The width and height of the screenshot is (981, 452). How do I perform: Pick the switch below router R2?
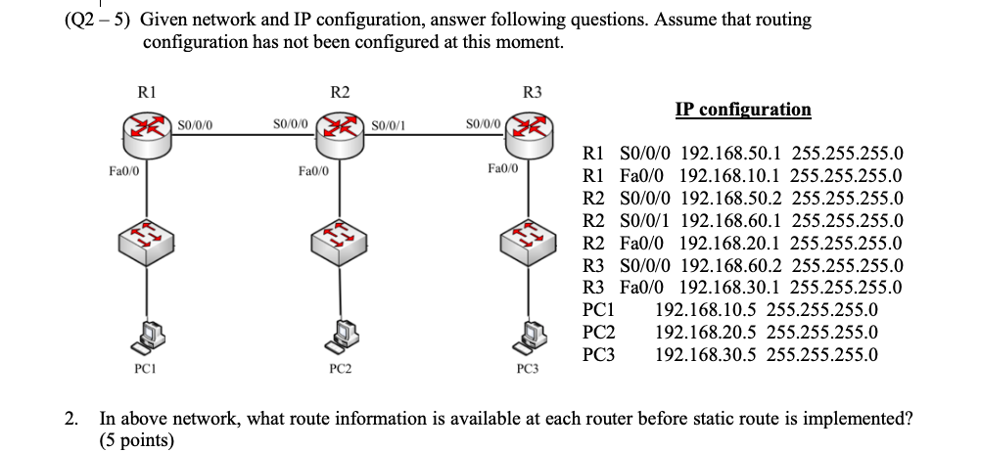click(x=340, y=237)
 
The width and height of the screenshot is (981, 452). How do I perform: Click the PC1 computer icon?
click(x=146, y=337)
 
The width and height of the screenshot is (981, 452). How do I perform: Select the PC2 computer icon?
click(x=340, y=337)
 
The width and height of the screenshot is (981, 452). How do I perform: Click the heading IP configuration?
click(x=743, y=109)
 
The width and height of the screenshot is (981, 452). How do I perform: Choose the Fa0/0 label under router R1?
click(x=123, y=170)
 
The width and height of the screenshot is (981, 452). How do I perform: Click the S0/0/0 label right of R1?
click(x=199, y=124)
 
